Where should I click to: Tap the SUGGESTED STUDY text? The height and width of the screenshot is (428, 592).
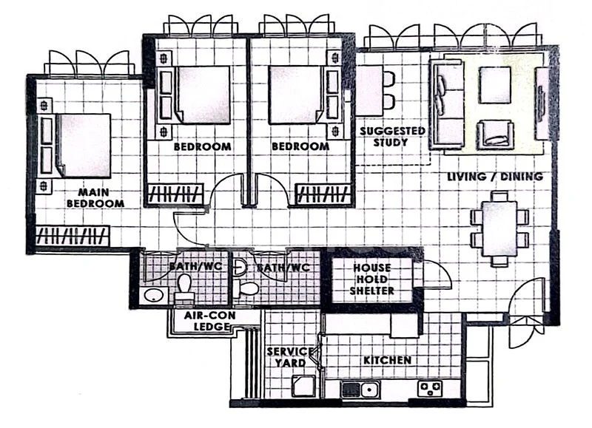392,136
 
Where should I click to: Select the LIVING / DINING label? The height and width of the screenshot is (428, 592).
495,177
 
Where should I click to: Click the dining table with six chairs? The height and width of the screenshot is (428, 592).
499,228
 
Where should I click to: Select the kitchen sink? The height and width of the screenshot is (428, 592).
361,388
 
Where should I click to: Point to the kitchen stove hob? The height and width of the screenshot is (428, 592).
431,387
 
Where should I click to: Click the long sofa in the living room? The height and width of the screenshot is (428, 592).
446,103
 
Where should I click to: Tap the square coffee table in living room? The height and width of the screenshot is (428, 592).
495,85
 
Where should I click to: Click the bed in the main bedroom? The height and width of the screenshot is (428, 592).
81,145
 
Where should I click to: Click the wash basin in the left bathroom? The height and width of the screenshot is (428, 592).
153,296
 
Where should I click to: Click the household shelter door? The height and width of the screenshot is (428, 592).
435,276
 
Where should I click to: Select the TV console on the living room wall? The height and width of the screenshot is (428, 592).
542,103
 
